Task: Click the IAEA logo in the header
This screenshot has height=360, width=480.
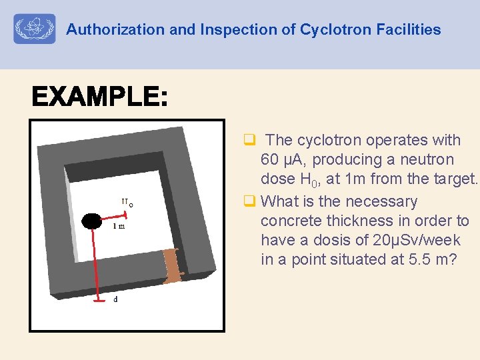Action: pyautogui.click(x=35, y=29)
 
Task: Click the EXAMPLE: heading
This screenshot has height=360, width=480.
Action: pyautogui.click(x=99, y=99)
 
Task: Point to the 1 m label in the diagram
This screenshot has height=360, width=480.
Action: pyautogui.click(x=119, y=227)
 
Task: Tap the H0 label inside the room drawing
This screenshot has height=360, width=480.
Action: pyautogui.click(x=127, y=202)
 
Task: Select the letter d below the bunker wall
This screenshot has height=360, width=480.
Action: pyautogui.click(x=115, y=299)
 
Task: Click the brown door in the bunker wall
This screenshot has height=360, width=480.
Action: pyautogui.click(x=172, y=265)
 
